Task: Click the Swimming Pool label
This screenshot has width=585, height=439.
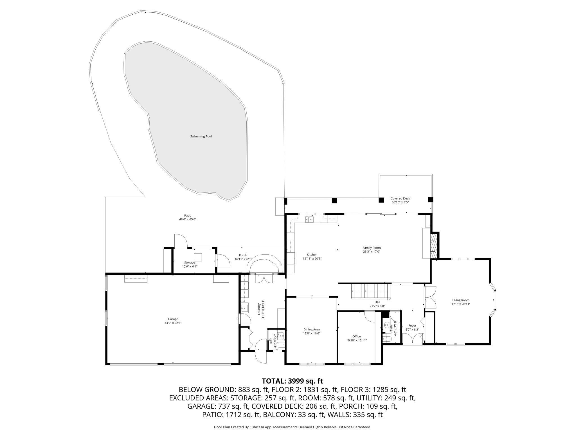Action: tap(201, 136)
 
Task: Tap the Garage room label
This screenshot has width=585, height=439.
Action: tap(173, 319)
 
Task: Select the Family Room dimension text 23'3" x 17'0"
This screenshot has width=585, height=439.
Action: tap(372, 252)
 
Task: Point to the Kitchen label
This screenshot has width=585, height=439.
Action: tap(312, 255)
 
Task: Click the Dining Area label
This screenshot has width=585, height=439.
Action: tap(311, 329)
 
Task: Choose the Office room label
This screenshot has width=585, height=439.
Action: tap(356, 336)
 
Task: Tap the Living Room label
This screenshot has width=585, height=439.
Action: tap(461, 300)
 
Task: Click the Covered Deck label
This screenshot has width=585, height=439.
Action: tap(400, 198)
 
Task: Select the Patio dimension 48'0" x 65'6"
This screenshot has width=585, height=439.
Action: tap(188, 219)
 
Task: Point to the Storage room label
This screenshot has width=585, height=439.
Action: tap(190, 263)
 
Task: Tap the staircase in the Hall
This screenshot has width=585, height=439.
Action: tap(371, 292)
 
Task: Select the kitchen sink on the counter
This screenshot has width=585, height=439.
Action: tap(311, 219)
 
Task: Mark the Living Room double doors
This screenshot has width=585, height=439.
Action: tap(430, 297)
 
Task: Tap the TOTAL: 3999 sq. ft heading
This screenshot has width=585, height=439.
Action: tap(292, 381)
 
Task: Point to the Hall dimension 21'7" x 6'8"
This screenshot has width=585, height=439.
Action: tap(377, 306)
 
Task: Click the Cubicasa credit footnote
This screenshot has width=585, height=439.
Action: tap(292, 427)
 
